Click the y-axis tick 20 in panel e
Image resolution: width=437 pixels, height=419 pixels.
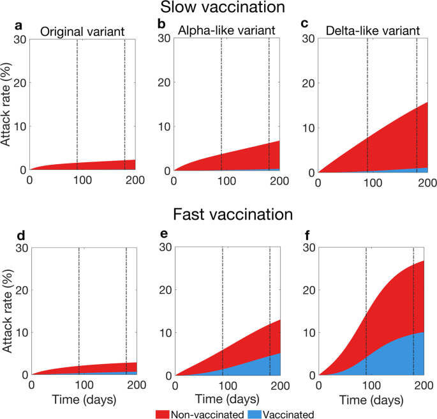point(163,289)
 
